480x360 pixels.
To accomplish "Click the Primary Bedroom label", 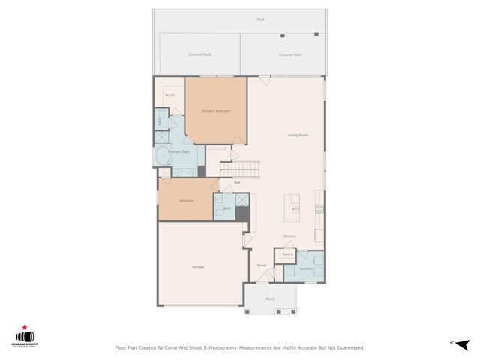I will tap(216, 111).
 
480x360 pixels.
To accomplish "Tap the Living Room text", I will tap(298, 135).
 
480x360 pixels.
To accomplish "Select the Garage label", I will tap(198, 266).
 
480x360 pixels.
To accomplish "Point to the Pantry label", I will tap(287, 255).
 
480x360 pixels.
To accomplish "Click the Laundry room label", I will tap(306, 268).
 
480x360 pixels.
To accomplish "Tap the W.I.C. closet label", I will tap(169, 94).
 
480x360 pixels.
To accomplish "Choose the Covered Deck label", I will tap(199, 55).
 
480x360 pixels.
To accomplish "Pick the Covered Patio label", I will tap(290, 55).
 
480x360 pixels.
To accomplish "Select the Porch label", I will tap(270, 298).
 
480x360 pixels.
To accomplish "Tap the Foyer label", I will tap(262, 265).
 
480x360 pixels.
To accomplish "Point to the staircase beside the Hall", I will tap(245, 169).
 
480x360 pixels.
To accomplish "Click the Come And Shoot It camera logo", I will tap(25, 337).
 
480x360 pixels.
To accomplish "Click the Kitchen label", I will tap(289, 236).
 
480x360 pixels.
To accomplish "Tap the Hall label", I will tap(237, 182).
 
